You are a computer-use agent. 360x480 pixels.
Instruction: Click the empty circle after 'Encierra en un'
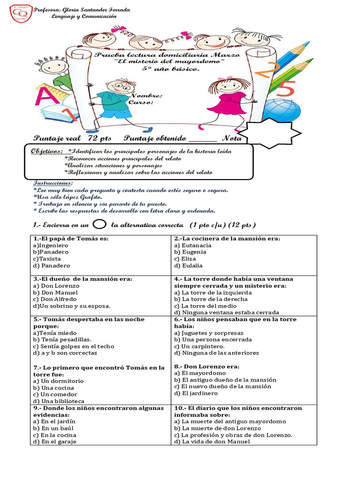[x=99, y=225]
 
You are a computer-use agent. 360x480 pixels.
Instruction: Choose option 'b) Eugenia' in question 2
[x=190, y=252]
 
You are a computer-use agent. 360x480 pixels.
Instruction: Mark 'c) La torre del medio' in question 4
[x=206, y=306]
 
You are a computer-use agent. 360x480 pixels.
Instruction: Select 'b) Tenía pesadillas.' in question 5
[x=62, y=339]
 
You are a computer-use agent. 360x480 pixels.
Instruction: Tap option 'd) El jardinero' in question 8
[x=196, y=393]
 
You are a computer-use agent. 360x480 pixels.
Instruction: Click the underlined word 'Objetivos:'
[x=47, y=151]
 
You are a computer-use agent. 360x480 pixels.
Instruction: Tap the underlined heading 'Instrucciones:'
[x=53, y=183]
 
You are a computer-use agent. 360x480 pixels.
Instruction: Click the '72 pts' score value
[x=99, y=138]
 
